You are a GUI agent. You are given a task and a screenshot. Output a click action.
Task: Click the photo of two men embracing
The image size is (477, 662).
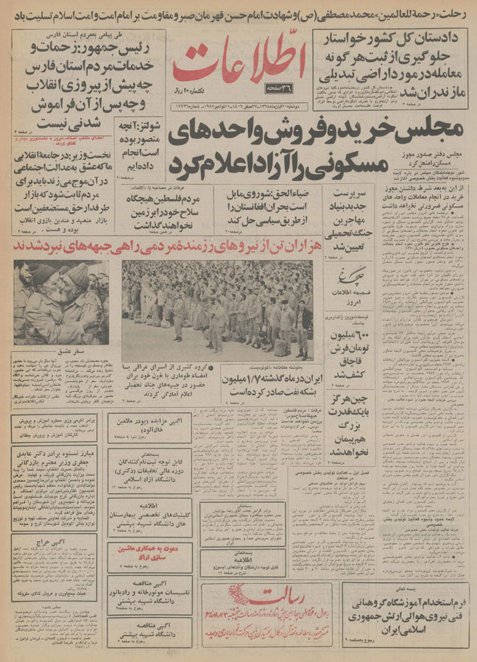61,302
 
